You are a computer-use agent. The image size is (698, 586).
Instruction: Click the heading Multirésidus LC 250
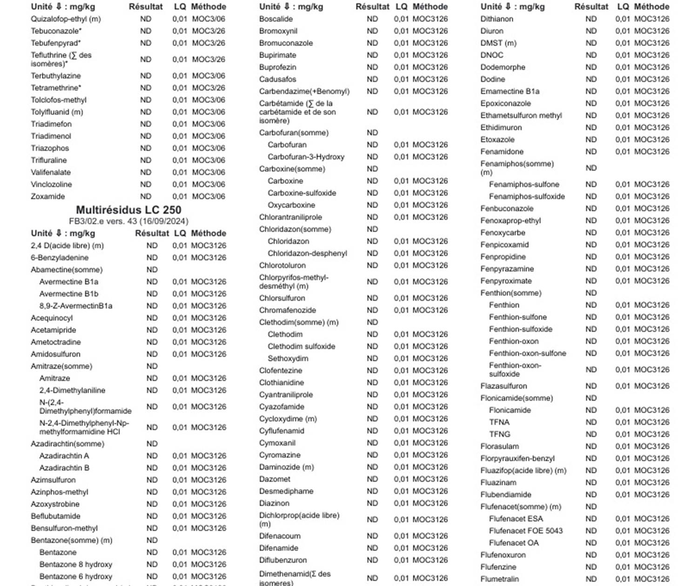pyautogui.click(x=128, y=210)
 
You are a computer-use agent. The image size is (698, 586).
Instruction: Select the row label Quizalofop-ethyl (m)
pyautogui.click(x=66, y=19)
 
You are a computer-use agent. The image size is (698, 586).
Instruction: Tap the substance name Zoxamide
pyautogui.click(x=48, y=196)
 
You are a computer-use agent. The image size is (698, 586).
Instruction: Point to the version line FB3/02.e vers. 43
pyautogui.click(x=128, y=221)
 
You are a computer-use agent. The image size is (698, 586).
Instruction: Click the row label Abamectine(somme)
pyautogui.click(x=67, y=270)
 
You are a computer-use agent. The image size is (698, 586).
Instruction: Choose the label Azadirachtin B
pyautogui.click(x=64, y=468)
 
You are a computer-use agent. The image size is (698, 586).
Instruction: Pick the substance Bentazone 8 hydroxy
pyautogui.click(x=76, y=565)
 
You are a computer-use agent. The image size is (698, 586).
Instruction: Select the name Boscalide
pyautogui.click(x=276, y=19)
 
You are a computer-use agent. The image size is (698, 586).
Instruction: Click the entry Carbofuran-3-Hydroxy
pyautogui.click(x=306, y=157)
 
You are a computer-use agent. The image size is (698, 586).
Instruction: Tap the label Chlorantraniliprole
pyautogui.click(x=290, y=217)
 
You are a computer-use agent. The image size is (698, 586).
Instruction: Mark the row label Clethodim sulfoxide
pyautogui.click(x=301, y=346)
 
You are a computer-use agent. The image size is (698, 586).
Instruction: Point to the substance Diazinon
pyautogui.click(x=274, y=503)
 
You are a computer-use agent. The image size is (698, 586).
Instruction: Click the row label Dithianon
pyautogui.click(x=497, y=19)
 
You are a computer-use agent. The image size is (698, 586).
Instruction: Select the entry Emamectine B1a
pyautogui.click(x=510, y=91)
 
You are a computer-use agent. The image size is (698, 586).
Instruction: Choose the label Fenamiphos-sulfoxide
pyautogui.click(x=527, y=196)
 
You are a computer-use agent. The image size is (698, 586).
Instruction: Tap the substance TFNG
pyautogui.click(x=499, y=434)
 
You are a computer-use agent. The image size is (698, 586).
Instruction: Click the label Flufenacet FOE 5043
pyautogui.click(x=526, y=531)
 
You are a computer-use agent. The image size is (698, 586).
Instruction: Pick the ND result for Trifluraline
pyautogui.click(x=146, y=160)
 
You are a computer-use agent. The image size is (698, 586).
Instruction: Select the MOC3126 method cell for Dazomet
pyautogui.click(x=430, y=479)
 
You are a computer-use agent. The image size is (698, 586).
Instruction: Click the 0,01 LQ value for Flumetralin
pyautogui.click(x=622, y=579)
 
